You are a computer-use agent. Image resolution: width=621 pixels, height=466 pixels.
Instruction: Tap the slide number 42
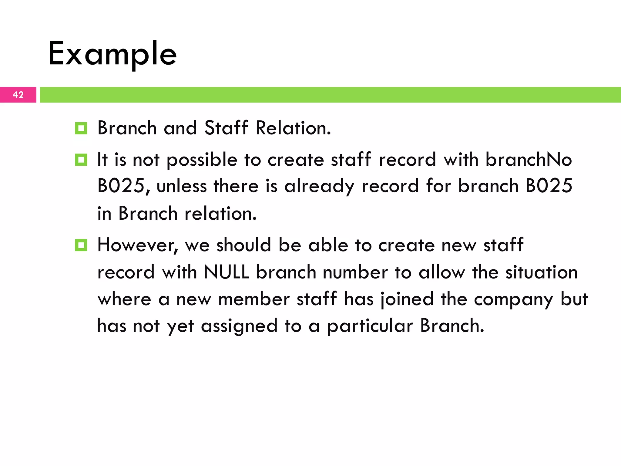tap(18, 95)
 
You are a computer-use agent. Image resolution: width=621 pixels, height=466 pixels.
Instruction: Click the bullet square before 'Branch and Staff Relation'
tap(81, 128)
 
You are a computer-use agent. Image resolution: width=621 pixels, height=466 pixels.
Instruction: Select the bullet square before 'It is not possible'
tap(81, 160)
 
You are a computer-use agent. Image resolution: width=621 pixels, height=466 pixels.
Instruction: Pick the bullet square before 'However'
tap(81, 245)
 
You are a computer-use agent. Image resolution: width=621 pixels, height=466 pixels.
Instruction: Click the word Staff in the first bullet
tap(226, 128)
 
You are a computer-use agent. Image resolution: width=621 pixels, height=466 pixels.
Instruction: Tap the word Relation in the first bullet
tap(293, 128)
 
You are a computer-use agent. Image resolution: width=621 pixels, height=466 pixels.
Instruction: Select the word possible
tap(202, 160)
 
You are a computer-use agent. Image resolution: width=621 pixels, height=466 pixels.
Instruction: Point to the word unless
tap(181, 186)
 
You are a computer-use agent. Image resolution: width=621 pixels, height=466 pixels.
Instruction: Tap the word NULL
tap(226, 272)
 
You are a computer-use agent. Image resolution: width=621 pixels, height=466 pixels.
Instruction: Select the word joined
tap(407, 299)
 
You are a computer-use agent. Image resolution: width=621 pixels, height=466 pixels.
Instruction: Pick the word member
tap(254, 299)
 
